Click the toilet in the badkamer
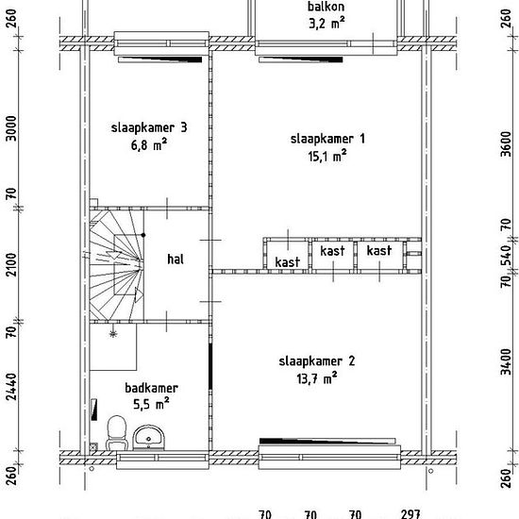116,433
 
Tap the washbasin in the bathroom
148,438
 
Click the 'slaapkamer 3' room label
149,127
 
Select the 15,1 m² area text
327,156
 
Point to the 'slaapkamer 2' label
317,361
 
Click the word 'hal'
176,259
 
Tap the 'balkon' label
326,7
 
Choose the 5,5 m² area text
151,404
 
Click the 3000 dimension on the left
11,128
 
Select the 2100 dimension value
11,265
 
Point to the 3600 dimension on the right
506,143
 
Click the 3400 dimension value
506,361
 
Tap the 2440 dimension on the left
11,387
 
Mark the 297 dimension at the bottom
410,514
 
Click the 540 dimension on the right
506,255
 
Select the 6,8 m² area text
149,145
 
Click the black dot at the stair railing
143,235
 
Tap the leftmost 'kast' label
287,262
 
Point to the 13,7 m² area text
317,378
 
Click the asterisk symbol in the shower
113,334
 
